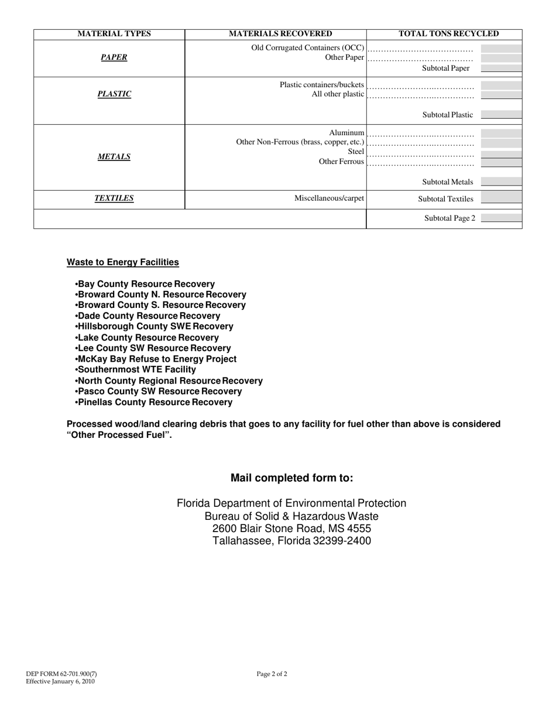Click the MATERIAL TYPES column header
pyautogui.click(x=114, y=34)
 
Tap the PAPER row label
pyautogui.click(x=114, y=57)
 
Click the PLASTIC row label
pyautogui.click(x=114, y=94)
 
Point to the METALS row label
pyautogui.click(x=114, y=156)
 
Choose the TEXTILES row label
pyautogui.click(x=114, y=198)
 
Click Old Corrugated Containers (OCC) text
pyautogui.click(x=308, y=47)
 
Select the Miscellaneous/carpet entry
pyautogui.click(x=330, y=198)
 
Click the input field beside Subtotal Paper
pyautogui.click(x=501, y=68)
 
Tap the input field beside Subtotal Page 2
pyautogui.click(x=501, y=218)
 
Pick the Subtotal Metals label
pyautogui.click(x=448, y=182)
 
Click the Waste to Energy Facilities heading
pyautogui.click(x=123, y=262)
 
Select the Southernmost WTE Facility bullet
pyautogui.click(x=136, y=370)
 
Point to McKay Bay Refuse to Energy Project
pyautogui.click(x=156, y=359)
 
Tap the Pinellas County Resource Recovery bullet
pyautogui.click(x=154, y=402)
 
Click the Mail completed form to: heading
pyautogui.click(x=291, y=478)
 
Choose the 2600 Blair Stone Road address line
pyautogui.click(x=291, y=529)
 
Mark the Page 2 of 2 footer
pyautogui.click(x=272, y=674)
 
